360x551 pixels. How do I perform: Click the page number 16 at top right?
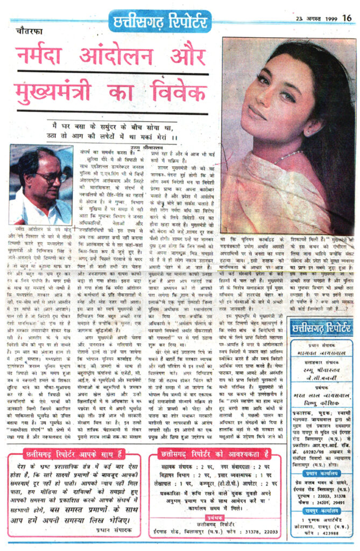pos(347,18)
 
